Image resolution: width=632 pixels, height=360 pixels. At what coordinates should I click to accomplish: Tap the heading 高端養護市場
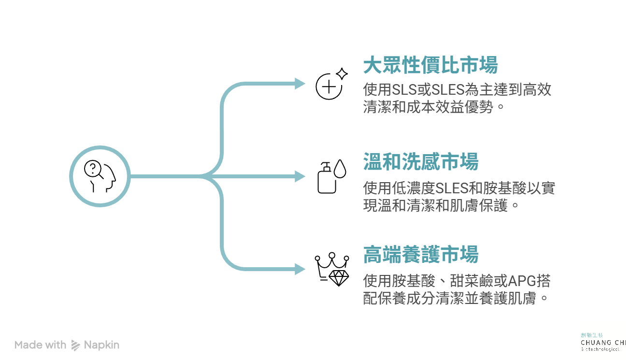(420, 255)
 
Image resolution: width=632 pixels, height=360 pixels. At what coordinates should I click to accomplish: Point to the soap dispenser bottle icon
(327, 177)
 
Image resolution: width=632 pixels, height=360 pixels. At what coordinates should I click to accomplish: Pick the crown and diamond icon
(332, 269)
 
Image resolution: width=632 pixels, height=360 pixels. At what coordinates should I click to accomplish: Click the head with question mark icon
(100, 176)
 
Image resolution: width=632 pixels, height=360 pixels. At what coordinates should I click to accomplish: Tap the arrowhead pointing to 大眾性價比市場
(300, 84)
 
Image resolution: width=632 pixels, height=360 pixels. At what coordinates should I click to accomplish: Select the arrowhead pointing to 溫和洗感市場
(300, 176)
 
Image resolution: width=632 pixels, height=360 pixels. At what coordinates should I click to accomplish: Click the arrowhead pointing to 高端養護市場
(300, 269)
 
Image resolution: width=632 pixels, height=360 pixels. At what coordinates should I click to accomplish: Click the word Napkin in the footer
(101, 345)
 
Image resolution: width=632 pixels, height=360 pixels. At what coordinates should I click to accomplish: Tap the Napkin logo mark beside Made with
(75, 345)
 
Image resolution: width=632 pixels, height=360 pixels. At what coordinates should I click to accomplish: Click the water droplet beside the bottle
(341, 169)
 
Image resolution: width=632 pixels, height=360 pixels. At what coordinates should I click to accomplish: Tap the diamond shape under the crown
(339, 277)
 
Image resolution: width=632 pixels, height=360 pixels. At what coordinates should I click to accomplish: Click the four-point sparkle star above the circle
(342, 74)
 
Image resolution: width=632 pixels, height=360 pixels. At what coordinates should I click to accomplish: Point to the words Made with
(40, 345)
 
